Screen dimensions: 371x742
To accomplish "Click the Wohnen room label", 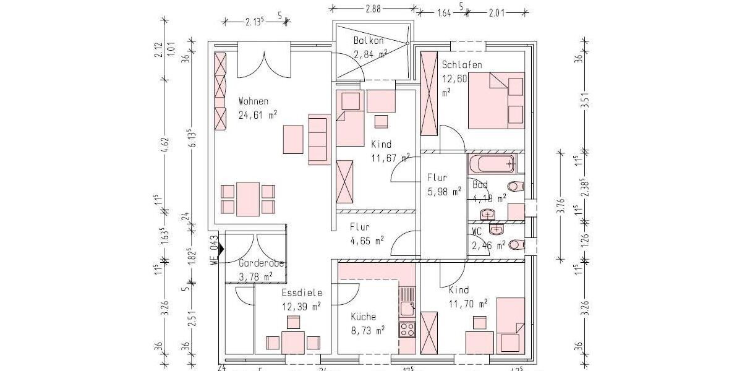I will (x=254, y=101).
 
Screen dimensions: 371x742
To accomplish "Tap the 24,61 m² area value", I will (x=257, y=114).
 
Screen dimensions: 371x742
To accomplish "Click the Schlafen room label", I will (x=461, y=65).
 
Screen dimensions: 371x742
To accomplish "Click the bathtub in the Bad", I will (x=492, y=164).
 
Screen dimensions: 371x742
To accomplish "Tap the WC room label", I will (x=477, y=232).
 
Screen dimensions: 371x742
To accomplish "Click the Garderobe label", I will (x=261, y=263).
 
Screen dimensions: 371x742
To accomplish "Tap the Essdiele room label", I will (x=302, y=293).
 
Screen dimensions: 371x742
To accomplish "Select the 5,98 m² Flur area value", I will (x=444, y=192).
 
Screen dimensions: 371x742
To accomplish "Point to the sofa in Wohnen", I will (x=318, y=139).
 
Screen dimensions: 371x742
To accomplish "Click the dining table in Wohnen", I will (x=247, y=198).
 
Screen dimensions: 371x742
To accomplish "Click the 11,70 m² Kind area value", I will (x=467, y=303).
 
